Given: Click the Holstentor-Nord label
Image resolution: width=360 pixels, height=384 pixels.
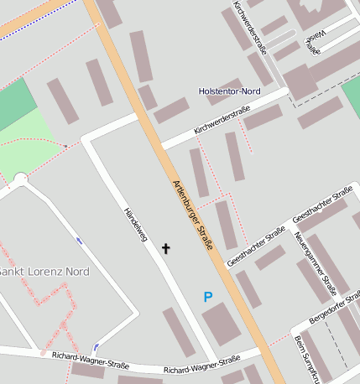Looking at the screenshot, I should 229,91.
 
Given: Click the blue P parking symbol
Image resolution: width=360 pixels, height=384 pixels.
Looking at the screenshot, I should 208,296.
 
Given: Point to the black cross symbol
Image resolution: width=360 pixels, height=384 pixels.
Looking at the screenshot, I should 165,248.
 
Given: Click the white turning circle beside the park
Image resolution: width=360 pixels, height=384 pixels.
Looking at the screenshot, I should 21,178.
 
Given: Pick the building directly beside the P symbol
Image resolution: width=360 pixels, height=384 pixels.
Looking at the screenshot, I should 221,324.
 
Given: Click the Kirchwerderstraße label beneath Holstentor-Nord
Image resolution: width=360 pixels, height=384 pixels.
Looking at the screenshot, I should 222,120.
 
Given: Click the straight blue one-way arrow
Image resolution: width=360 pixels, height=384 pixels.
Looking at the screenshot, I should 79,241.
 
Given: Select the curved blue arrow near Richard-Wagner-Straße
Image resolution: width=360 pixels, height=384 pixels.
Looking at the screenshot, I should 97,345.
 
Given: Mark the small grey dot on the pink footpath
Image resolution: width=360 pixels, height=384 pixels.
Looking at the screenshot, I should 65,146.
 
